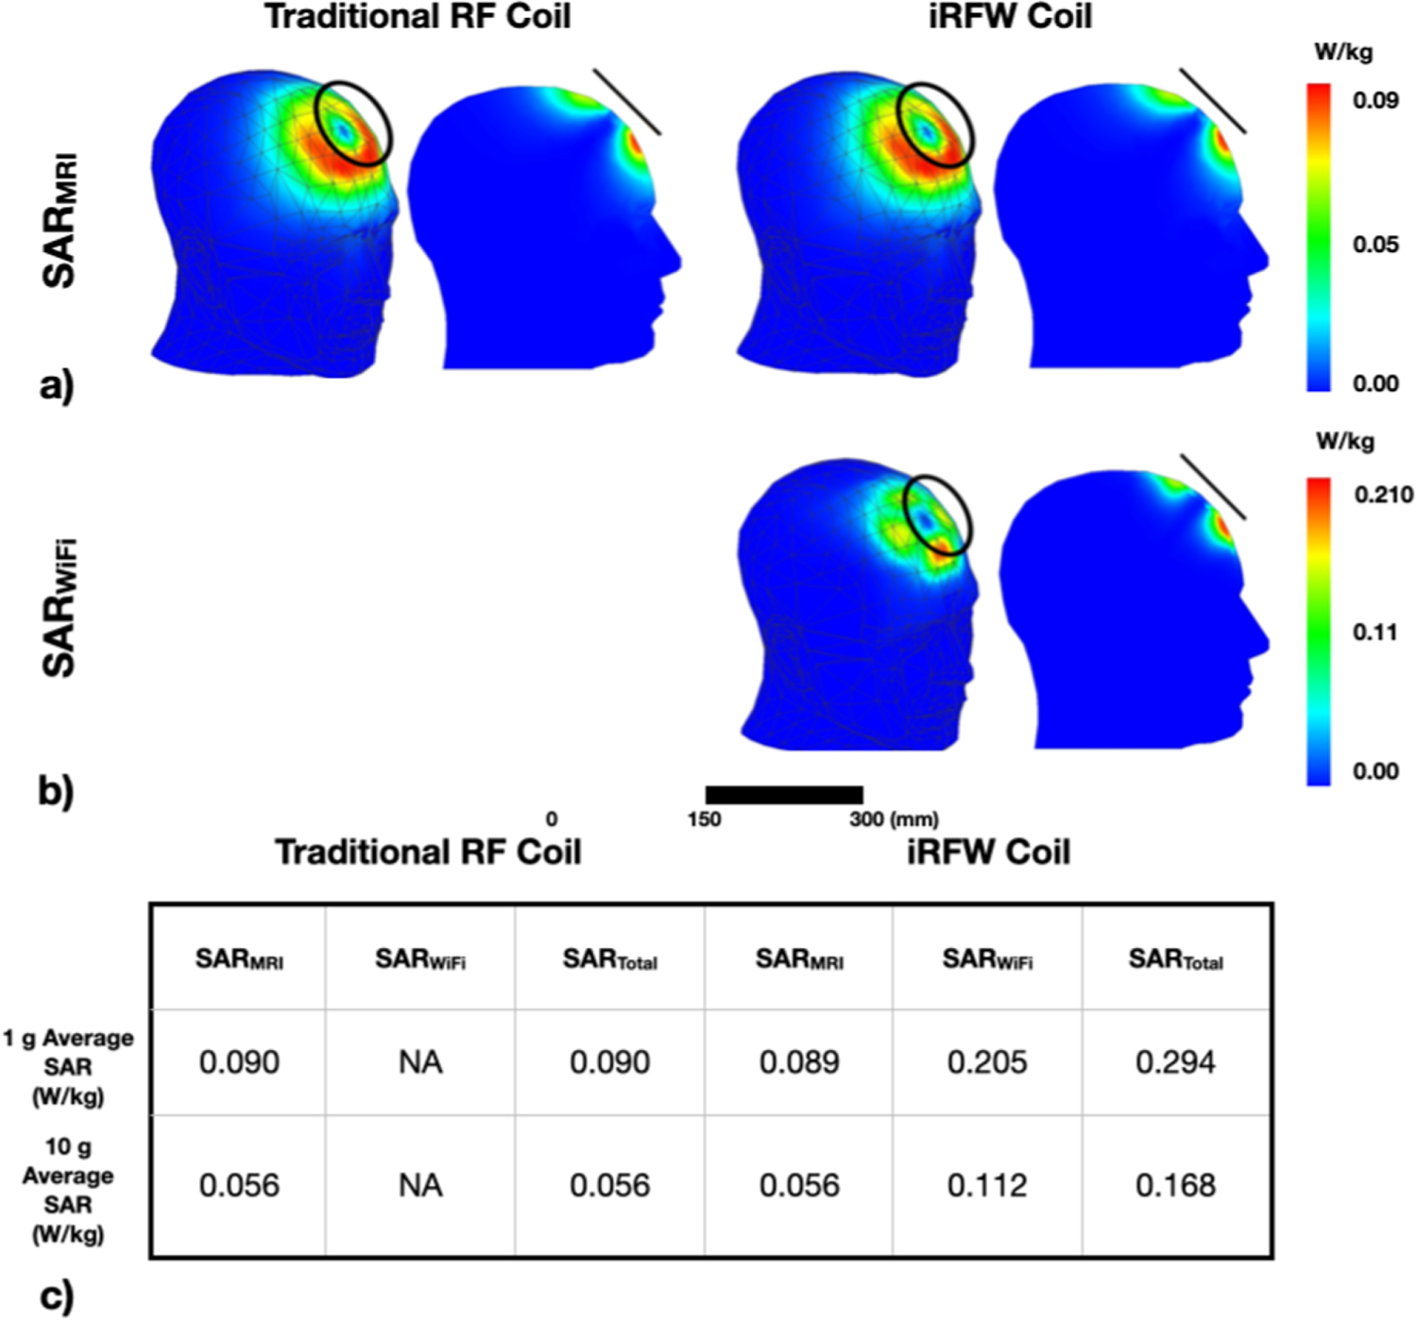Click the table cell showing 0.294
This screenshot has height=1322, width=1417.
click(1175, 1062)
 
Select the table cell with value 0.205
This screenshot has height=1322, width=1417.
click(987, 1062)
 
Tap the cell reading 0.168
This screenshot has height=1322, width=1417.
click(1175, 1185)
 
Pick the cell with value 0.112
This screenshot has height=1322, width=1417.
click(987, 1185)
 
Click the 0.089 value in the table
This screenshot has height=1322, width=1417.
click(799, 1062)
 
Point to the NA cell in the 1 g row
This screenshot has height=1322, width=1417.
click(420, 1062)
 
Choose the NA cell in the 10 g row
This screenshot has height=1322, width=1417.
click(420, 1185)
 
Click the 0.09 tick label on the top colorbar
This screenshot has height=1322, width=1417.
click(1374, 100)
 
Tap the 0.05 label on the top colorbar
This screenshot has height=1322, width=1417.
click(1374, 245)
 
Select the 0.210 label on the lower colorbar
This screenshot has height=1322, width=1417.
click(1383, 495)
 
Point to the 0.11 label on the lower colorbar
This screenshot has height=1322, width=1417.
click(1374, 632)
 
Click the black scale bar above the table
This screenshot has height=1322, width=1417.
click(784, 795)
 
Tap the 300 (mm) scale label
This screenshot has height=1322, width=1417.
click(894, 820)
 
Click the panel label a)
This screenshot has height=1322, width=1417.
click(57, 387)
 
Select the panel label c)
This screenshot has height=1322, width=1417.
click(57, 1297)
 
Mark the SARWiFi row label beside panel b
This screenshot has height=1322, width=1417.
click(60, 607)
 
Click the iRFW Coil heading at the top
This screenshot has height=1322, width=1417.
click(1010, 17)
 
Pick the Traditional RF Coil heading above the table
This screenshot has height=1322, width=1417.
click(428, 852)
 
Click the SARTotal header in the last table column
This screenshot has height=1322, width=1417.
click(1175, 960)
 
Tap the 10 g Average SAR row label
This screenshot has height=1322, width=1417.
click(68, 1190)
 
